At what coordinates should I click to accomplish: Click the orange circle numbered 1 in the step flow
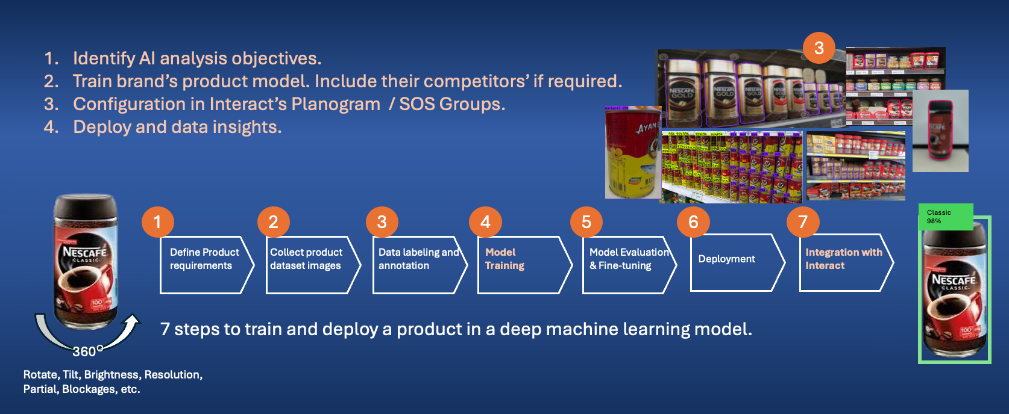click(x=158, y=222)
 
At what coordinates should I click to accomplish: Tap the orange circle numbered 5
click(x=586, y=222)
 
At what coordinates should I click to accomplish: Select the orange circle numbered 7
click(x=803, y=222)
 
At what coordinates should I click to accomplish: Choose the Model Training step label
click(x=505, y=259)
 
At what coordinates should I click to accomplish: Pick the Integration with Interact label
click(x=843, y=259)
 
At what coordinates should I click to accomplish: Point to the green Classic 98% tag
click(x=945, y=217)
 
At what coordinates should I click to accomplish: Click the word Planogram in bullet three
click(x=336, y=104)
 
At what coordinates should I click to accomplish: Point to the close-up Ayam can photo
click(x=632, y=153)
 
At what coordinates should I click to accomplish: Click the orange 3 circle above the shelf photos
click(x=819, y=48)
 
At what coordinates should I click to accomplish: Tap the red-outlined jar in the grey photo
click(x=939, y=131)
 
